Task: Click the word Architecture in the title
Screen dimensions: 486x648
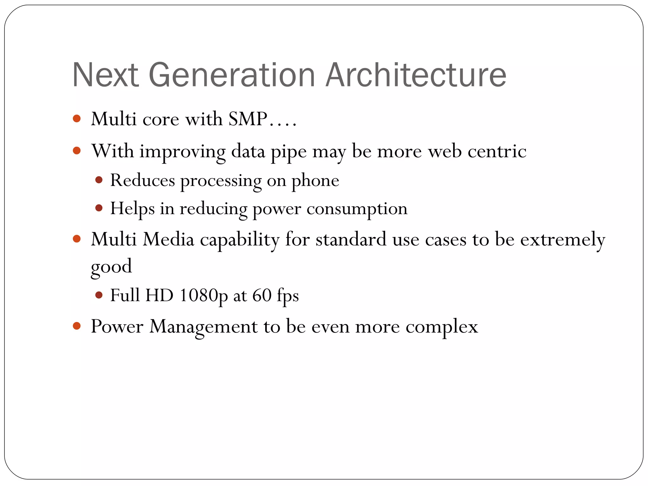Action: (416, 75)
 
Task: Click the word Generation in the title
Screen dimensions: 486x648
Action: (232, 75)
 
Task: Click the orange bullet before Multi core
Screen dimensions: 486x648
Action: (77, 119)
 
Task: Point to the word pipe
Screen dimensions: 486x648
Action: (289, 152)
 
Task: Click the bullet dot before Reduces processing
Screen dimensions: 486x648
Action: (99, 180)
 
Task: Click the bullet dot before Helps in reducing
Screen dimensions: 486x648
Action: (99, 208)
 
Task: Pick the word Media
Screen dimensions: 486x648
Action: (168, 239)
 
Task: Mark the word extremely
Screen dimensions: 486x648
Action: (563, 240)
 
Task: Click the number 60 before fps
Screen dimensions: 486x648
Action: (262, 295)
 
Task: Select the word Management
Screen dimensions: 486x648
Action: (203, 327)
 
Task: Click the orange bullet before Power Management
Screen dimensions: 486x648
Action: (77, 326)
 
